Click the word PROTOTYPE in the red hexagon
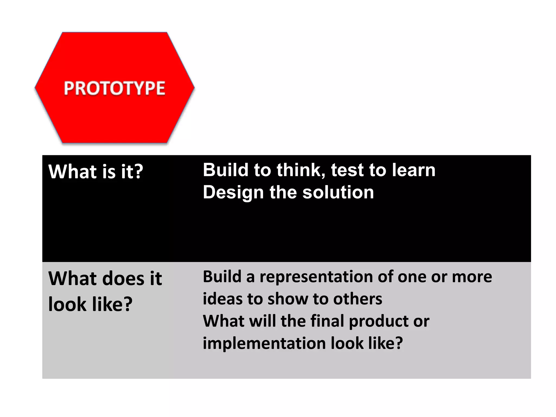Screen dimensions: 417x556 click(115, 88)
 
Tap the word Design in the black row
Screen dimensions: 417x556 click(233, 193)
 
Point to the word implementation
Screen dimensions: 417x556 click(264, 343)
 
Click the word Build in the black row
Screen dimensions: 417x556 click(226, 170)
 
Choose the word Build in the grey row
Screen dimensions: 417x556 click(222, 277)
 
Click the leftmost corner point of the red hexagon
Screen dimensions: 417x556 click(35, 87)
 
